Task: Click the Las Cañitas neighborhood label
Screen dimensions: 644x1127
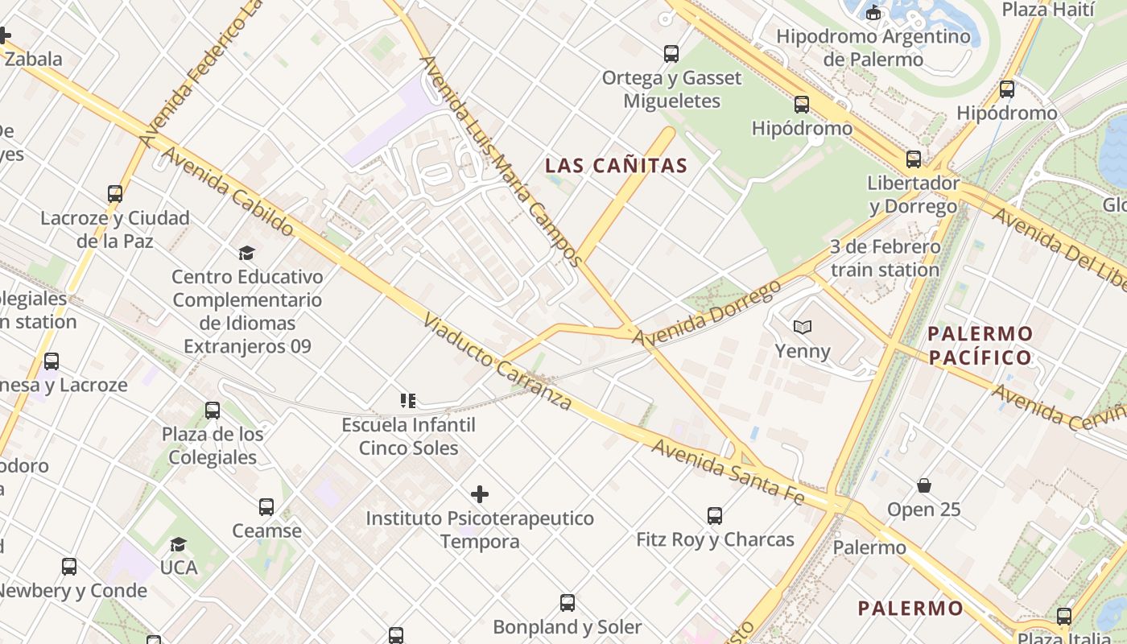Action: (x=616, y=166)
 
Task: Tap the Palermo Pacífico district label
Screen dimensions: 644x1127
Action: (x=980, y=345)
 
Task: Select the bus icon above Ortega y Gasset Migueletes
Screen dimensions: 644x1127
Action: (x=671, y=54)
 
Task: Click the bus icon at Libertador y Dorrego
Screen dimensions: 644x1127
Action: (x=913, y=159)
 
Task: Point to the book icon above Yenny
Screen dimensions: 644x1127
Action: (x=802, y=327)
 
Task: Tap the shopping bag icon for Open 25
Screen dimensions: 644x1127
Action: (x=924, y=485)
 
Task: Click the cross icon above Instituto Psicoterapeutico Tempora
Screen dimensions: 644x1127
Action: (x=480, y=493)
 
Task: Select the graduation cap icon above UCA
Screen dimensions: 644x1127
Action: (x=178, y=544)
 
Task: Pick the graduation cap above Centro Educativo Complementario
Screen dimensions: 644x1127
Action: (x=246, y=253)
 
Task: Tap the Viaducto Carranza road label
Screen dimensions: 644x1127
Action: (x=497, y=361)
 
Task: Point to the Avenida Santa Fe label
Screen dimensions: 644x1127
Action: (x=728, y=472)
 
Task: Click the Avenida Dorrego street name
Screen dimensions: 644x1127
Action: (x=706, y=313)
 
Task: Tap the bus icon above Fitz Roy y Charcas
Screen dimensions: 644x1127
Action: (x=714, y=515)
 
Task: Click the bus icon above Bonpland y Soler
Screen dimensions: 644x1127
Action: (x=568, y=602)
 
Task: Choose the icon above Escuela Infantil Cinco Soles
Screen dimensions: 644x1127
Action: (x=407, y=400)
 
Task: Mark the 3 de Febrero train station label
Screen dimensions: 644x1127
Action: (x=885, y=258)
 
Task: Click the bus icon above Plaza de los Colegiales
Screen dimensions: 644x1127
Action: (x=213, y=411)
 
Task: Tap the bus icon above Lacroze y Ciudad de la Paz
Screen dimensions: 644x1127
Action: (x=115, y=194)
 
